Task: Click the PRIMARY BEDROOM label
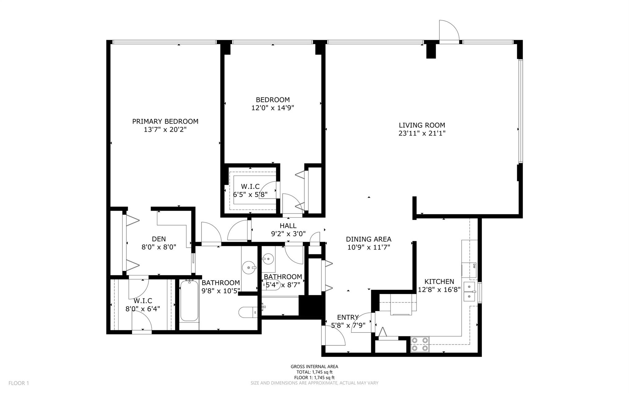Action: click(165, 121)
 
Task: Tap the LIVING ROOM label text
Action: click(422, 125)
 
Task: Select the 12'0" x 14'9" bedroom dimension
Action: click(273, 108)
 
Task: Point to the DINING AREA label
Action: click(368, 239)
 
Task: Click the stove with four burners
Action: click(420, 344)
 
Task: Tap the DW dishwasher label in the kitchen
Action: click(474, 266)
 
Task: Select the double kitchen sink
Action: click(470, 292)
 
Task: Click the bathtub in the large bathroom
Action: click(189, 301)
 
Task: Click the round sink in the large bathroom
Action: click(249, 267)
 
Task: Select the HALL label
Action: click(288, 226)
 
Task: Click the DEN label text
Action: click(159, 239)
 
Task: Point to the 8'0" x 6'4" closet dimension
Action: click(143, 308)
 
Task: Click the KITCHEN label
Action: click(439, 281)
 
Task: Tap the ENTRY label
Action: click(348, 317)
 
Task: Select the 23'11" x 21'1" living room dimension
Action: click(422, 133)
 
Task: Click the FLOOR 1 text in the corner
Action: click(18, 383)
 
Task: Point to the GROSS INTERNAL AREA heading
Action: click(314, 367)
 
